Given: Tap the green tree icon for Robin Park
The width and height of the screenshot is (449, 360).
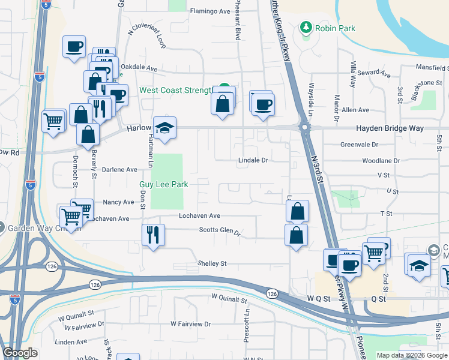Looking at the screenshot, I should click(306, 28).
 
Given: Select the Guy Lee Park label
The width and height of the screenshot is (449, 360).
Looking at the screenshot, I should click(164, 185).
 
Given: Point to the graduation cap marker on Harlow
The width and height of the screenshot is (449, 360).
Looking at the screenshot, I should click(164, 128).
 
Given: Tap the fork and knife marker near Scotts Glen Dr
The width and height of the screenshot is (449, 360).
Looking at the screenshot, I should click(152, 233).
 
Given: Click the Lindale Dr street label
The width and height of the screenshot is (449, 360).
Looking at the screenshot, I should click(253, 160).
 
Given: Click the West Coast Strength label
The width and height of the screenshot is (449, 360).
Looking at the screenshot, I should click(176, 91).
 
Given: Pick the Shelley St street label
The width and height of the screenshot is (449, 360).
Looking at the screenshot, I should click(212, 263).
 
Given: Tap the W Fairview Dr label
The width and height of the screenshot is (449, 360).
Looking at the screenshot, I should click(190, 323).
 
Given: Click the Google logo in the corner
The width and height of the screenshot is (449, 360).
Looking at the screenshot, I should click(20, 353).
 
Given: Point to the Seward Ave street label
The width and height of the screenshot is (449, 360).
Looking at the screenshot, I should click(374, 74).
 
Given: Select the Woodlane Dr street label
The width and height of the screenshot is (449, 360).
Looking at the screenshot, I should click(381, 161).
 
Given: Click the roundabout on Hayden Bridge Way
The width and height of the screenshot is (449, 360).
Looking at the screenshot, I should click(305, 127).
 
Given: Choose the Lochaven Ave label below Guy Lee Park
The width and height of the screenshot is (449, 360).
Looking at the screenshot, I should click(199, 215).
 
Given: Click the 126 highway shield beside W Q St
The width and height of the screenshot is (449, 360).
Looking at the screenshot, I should click(273, 293).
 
